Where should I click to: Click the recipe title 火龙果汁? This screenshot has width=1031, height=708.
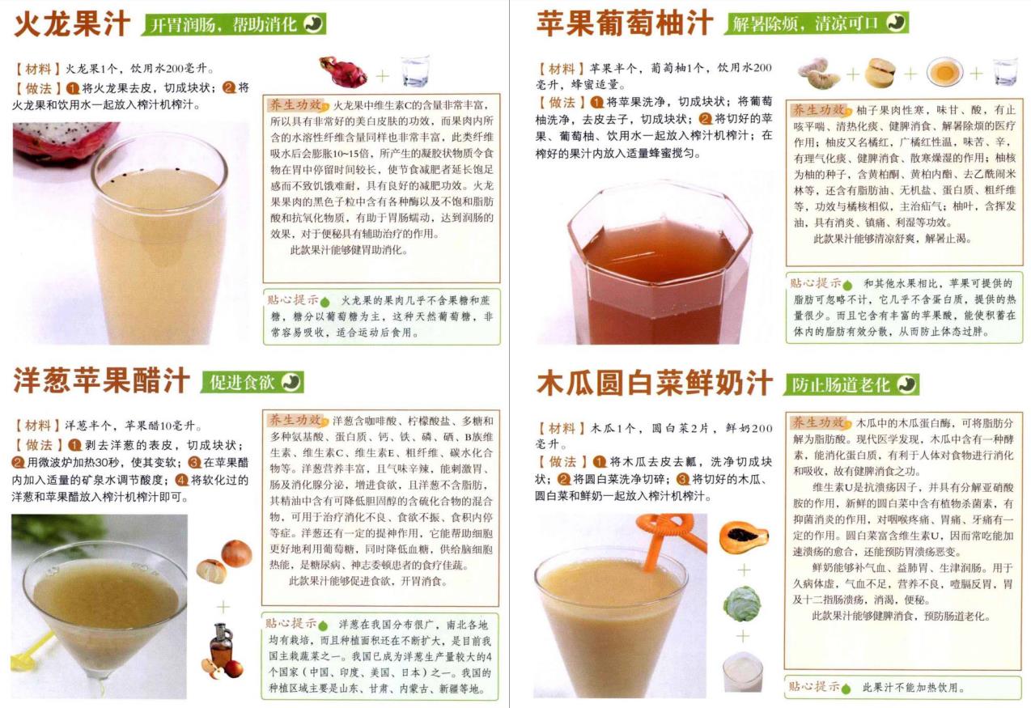click(x=72, y=24)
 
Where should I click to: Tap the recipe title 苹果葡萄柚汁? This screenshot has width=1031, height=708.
click(x=625, y=23)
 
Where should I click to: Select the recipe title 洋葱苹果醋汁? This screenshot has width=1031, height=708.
click(x=101, y=380)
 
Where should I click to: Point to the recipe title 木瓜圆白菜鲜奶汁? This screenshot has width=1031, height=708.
click(x=654, y=383)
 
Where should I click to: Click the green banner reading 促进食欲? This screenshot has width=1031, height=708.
click(x=252, y=382)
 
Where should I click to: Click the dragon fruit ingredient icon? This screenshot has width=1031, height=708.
click(x=343, y=71)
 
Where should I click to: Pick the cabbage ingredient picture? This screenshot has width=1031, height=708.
click(x=742, y=604)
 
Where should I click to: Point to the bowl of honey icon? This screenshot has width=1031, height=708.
click(x=944, y=72)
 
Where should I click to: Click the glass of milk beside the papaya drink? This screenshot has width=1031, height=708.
click(x=742, y=672)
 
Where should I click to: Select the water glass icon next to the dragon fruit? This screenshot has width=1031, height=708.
click(x=416, y=71)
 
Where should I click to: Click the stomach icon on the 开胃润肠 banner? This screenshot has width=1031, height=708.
click(x=313, y=23)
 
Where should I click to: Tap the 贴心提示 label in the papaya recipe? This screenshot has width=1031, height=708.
click(x=814, y=686)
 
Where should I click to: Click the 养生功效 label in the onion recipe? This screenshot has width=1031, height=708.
click(x=295, y=420)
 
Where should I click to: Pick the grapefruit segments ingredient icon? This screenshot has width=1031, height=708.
click(x=818, y=73)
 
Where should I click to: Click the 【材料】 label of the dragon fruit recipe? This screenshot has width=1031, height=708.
click(x=38, y=69)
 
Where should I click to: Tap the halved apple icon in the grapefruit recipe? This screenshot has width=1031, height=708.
click(x=880, y=72)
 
